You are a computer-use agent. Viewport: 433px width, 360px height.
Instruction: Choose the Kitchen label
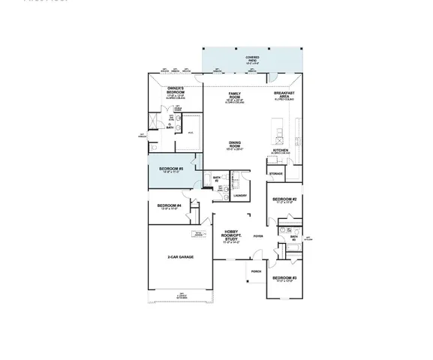pyautogui.click(x=281, y=149)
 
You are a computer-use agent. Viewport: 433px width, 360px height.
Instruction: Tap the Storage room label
pyautogui.click(x=275, y=173)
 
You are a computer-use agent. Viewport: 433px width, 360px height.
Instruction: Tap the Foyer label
pyautogui.click(x=257, y=235)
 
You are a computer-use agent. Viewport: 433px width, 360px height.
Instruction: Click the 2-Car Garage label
pyautogui.click(x=180, y=256)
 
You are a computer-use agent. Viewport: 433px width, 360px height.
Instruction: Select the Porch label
pyautogui.click(x=256, y=271)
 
